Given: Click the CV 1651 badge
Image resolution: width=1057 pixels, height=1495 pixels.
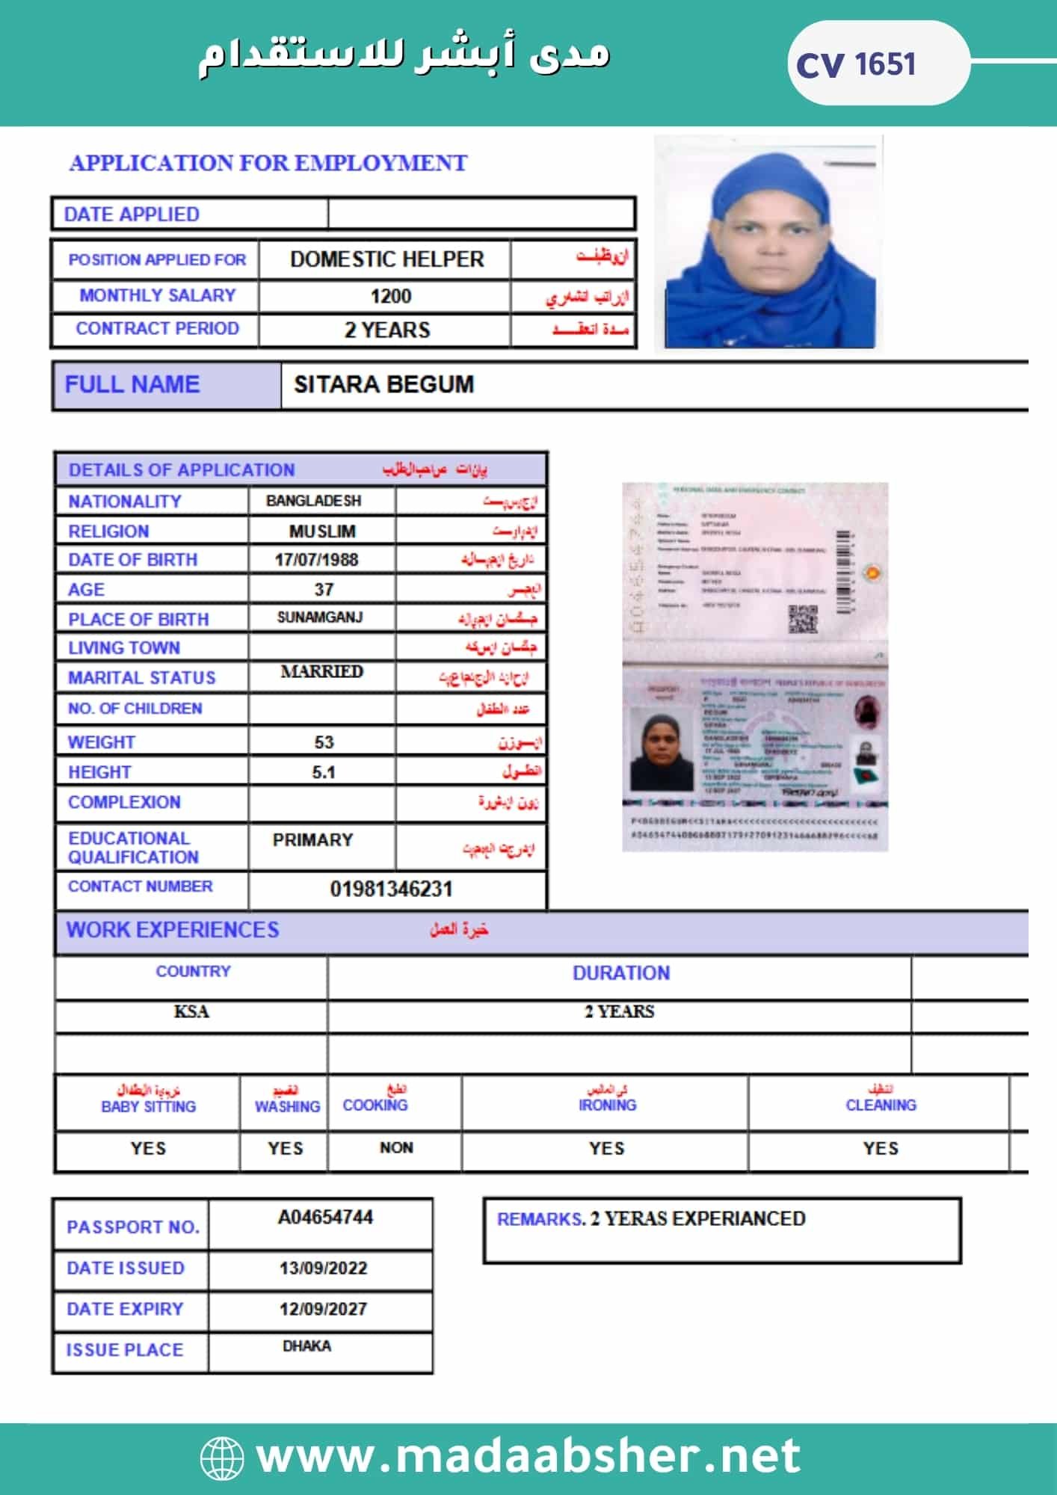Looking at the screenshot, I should tap(857, 64).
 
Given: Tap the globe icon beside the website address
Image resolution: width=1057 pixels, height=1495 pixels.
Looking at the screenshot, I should tap(222, 1456).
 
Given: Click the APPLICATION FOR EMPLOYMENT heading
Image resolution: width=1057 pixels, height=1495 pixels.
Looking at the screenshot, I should tap(268, 163).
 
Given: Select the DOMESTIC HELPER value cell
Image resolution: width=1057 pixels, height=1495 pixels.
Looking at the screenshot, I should tap(386, 259).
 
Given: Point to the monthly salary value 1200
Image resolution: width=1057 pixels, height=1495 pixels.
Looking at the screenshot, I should tap(391, 297).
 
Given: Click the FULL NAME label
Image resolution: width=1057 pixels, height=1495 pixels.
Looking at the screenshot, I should tap(132, 384).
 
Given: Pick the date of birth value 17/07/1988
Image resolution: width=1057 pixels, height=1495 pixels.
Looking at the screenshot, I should tap(316, 560).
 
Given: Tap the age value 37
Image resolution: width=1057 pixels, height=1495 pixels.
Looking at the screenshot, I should tap(324, 590).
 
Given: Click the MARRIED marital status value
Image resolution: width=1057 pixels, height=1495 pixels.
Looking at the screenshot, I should tap(321, 671).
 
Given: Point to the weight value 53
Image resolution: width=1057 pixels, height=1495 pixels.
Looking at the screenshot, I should tap(324, 742).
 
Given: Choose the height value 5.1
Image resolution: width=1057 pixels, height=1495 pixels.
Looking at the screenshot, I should tap(324, 772).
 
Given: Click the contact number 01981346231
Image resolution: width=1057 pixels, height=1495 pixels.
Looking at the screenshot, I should tap(391, 889).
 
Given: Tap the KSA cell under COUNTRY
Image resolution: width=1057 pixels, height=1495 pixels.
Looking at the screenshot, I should tap(191, 1011).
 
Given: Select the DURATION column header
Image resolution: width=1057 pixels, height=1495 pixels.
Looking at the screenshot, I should tap(620, 972).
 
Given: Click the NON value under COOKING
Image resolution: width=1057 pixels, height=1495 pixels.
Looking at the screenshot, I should tap(396, 1147).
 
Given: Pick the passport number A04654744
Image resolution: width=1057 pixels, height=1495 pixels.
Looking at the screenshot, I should tap(325, 1218).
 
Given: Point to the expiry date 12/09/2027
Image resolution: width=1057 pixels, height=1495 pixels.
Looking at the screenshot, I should tap(323, 1309).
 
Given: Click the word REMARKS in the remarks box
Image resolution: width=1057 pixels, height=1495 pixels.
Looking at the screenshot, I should tap(540, 1219).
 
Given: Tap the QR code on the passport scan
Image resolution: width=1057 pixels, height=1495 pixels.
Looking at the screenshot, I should tap(803, 619).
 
